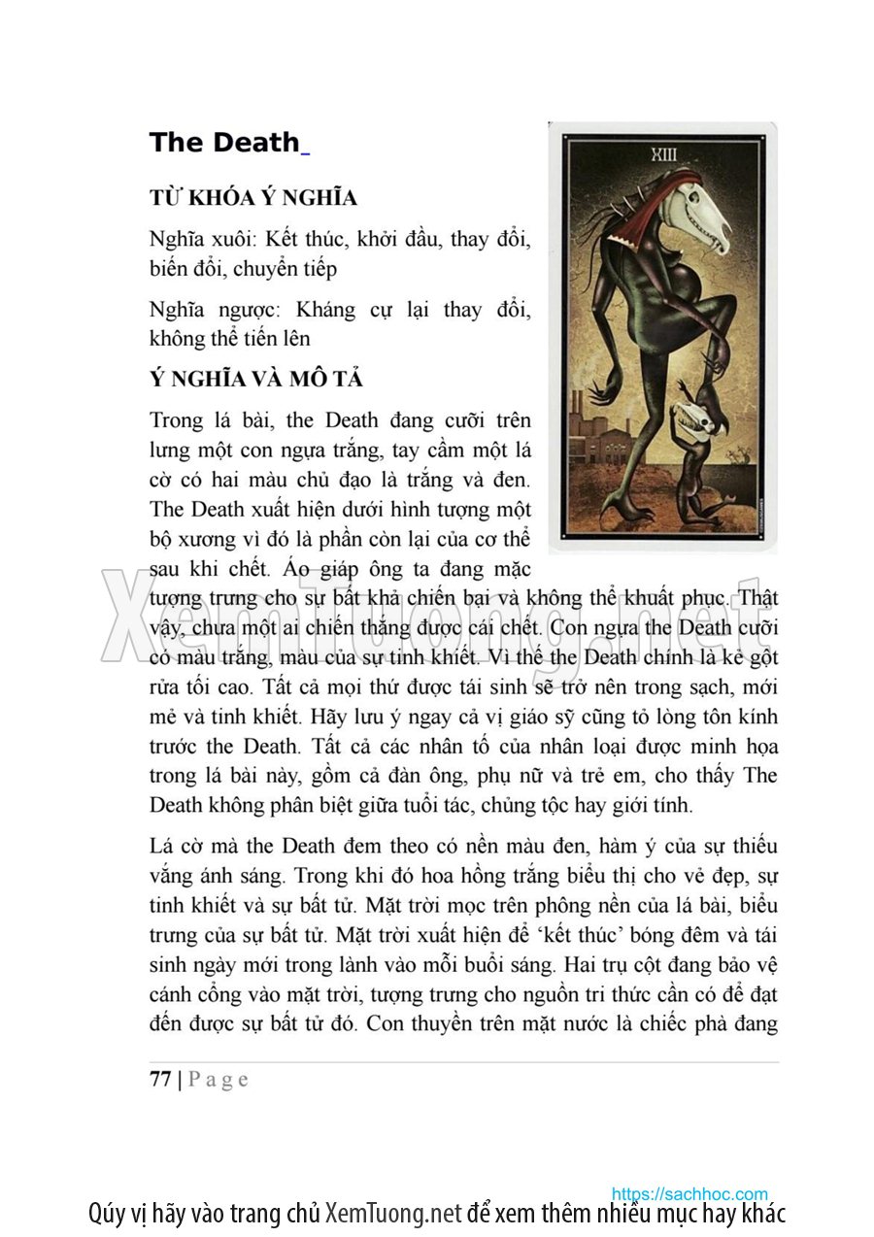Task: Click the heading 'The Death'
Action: (x=224, y=143)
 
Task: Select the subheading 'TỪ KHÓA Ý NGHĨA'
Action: (x=252, y=198)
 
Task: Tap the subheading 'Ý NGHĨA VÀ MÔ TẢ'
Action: (x=256, y=379)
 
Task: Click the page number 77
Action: (x=160, y=1079)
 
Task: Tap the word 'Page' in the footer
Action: (x=218, y=1079)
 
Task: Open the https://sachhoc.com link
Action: (x=689, y=1193)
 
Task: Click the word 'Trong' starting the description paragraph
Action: (x=176, y=420)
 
